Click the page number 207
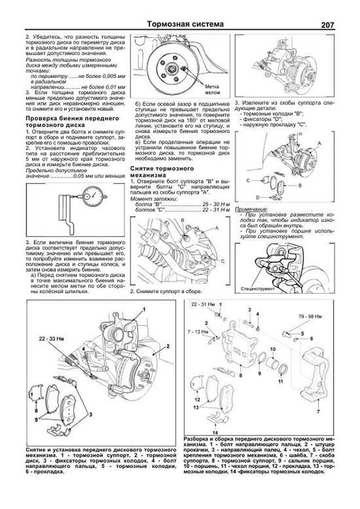tap(327, 25)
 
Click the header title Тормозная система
tap(185, 24)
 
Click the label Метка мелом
tap(212, 89)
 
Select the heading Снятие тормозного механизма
tap(162, 172)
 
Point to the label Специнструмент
tap(258, 289)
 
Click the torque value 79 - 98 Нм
tap(310, 316)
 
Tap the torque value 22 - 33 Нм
tap(51, 339)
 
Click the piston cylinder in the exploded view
tap(273, 361)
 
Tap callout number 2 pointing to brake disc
tap(168, 346)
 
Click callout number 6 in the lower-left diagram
tap(36, 411)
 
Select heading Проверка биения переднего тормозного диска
tap(72, 121)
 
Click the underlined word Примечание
tap(251, 209)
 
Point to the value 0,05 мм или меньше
tap(99, 176)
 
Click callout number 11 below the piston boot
tap(280, 382)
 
